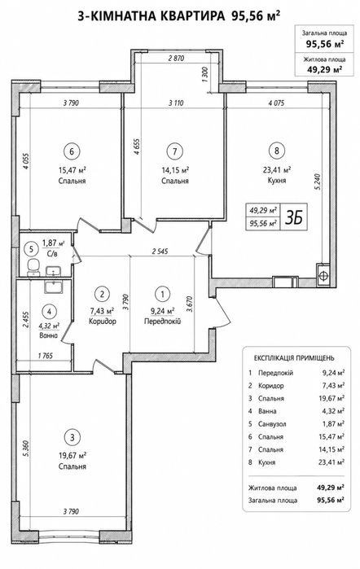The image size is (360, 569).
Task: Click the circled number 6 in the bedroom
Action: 72,151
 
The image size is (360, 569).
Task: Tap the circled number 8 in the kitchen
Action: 277,151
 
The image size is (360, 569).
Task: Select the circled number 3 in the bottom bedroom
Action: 72,437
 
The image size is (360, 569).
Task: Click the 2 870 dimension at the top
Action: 176,58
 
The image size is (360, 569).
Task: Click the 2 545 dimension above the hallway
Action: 160,251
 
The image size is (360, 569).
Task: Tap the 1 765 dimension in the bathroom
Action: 45,356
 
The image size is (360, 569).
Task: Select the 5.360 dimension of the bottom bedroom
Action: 25,450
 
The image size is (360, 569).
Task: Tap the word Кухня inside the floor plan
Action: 276,181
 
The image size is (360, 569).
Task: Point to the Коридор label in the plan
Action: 103,322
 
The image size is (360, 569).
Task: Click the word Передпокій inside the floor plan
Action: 162,322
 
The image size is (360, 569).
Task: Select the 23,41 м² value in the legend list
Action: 331,462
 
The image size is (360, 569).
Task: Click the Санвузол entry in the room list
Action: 272,424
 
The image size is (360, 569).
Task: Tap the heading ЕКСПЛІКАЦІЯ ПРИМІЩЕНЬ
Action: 294,358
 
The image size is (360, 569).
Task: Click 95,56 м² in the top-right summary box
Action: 325,44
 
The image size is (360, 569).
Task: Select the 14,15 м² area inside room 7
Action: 175,169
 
